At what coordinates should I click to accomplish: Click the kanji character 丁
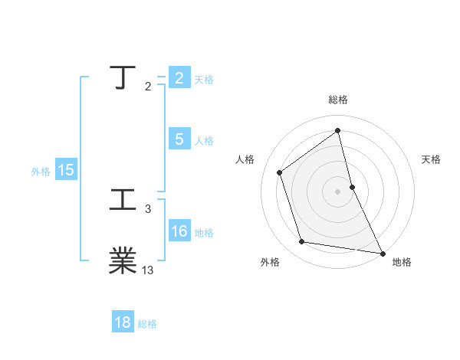pos(123,78)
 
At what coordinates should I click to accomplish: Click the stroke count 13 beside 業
pos(148,270)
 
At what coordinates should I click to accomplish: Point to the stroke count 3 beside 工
pos(148,208)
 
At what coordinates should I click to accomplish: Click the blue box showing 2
pos(179,78)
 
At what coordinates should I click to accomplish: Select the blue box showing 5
pos(179,139)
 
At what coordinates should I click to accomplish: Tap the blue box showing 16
pos(179,231)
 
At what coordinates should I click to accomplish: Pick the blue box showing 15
pos(66,170)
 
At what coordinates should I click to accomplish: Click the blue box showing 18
pos(123,322)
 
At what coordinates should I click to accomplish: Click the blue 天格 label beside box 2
pos(204,80)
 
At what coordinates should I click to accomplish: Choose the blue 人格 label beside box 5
pos(204,141)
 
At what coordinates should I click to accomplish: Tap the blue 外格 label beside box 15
pos(41,172)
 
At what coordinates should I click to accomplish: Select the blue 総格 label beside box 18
pos(147,324)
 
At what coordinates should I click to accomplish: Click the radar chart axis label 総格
pos(338,100)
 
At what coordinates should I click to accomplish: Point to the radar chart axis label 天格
pos(431,159)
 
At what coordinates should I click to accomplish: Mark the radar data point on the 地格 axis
pos(382,253)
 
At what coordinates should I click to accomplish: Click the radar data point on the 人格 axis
pos(280,172)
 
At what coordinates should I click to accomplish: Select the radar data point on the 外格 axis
pos(302,242)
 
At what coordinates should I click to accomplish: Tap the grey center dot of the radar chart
pos(338,191)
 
